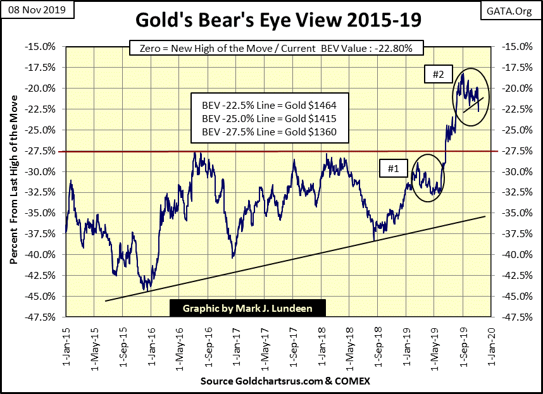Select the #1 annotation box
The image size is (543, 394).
tap(392, 168)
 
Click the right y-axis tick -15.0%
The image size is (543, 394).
tap(514, 47)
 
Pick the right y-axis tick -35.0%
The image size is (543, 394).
tap(514, 213)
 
